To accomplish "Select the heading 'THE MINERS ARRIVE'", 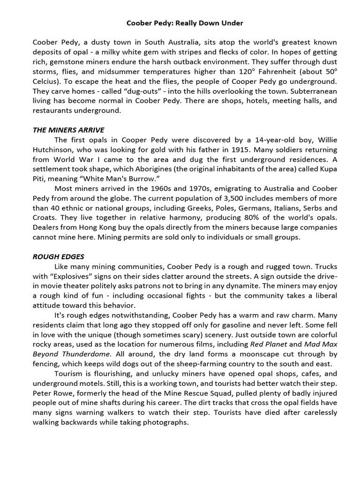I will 68,130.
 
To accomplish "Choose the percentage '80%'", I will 234,218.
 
